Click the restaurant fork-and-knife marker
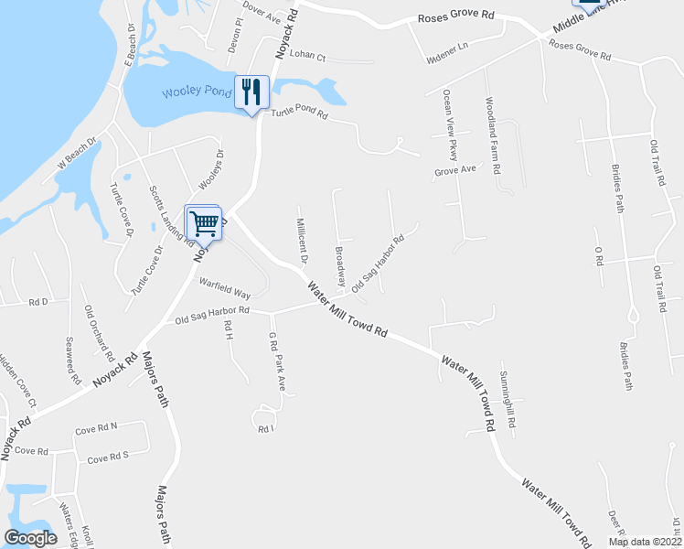pyautogui.click(x=253, y=91)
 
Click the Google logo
pyautogui.click(x=30, y=538)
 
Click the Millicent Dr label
pyautogui.click(x=300, y=237)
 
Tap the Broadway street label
pyautogui.click(x=340, y=263)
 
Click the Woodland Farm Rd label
pyautogui.click(x=492, y=136)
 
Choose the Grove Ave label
pyautogui.click(x=455, y=169)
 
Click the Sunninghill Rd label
pyautogui.click(x=508, y=401)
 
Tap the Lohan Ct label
pyautogui.click(x=307, y=55)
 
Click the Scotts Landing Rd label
pyautogui.click(x=171, y=217)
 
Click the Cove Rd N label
pyautogui.click(x=97, y=426)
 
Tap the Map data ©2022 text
pyautogui.click(x=645, y=542)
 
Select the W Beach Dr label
pyautogui.click(x=77, y=152)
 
